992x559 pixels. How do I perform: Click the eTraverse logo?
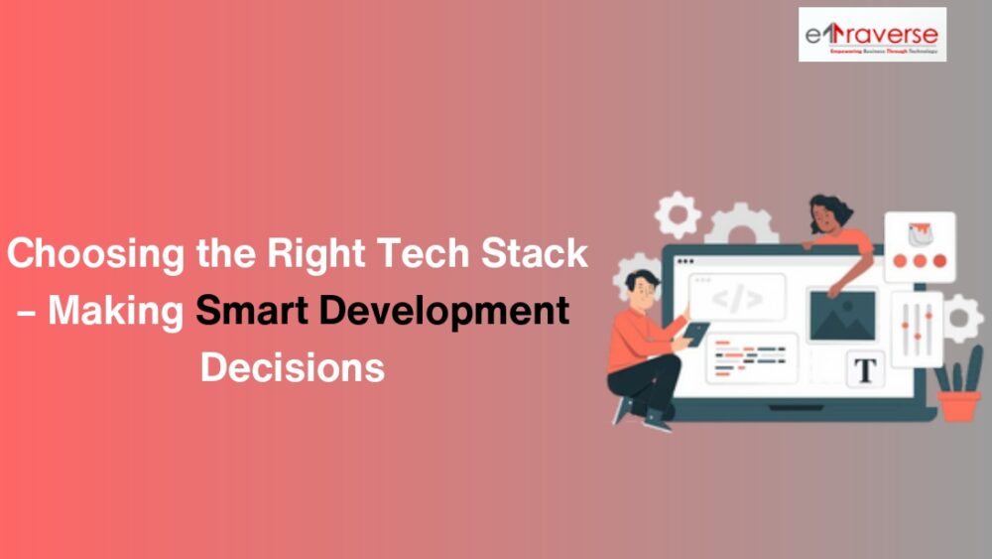pos(872,35)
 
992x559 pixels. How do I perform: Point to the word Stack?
pos(536,254)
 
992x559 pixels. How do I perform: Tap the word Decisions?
pos(292,367)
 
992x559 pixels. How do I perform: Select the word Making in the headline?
pos(116,312)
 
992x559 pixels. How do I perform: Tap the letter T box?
pos(865,370)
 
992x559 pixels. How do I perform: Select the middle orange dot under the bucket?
pos(919,262)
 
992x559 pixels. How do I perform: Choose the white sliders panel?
pos(917,329)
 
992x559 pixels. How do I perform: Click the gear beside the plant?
pos(961,319)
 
